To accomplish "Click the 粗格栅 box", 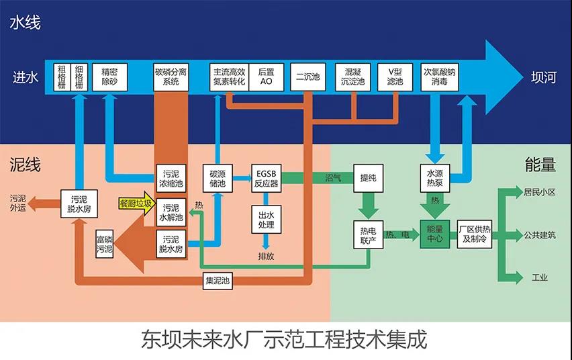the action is pos(62,77).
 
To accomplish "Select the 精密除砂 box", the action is pos(110,77).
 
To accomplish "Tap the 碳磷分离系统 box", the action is pos(171,77).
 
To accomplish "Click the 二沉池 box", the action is pos(308,77).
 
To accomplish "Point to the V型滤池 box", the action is pos(395,77).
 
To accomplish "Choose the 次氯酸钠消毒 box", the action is pos(440,77).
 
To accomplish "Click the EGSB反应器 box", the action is pos(267,178).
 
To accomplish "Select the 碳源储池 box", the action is pos(218,178).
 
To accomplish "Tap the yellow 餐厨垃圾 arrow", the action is pos(137,204).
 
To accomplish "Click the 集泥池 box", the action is pos(218,281).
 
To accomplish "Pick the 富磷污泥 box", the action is pos(104,244).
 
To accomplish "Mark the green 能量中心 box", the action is pos(435,234).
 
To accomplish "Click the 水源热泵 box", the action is pos(435,178).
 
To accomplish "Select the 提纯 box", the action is pos(369,178).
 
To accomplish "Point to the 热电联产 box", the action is pos(369,235).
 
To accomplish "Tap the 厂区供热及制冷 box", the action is pos(475,234).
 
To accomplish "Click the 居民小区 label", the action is pos(540,192).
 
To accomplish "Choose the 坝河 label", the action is pos(544,77).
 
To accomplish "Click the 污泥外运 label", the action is pos(18,203).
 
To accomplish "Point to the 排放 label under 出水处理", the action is pos(266,257).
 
